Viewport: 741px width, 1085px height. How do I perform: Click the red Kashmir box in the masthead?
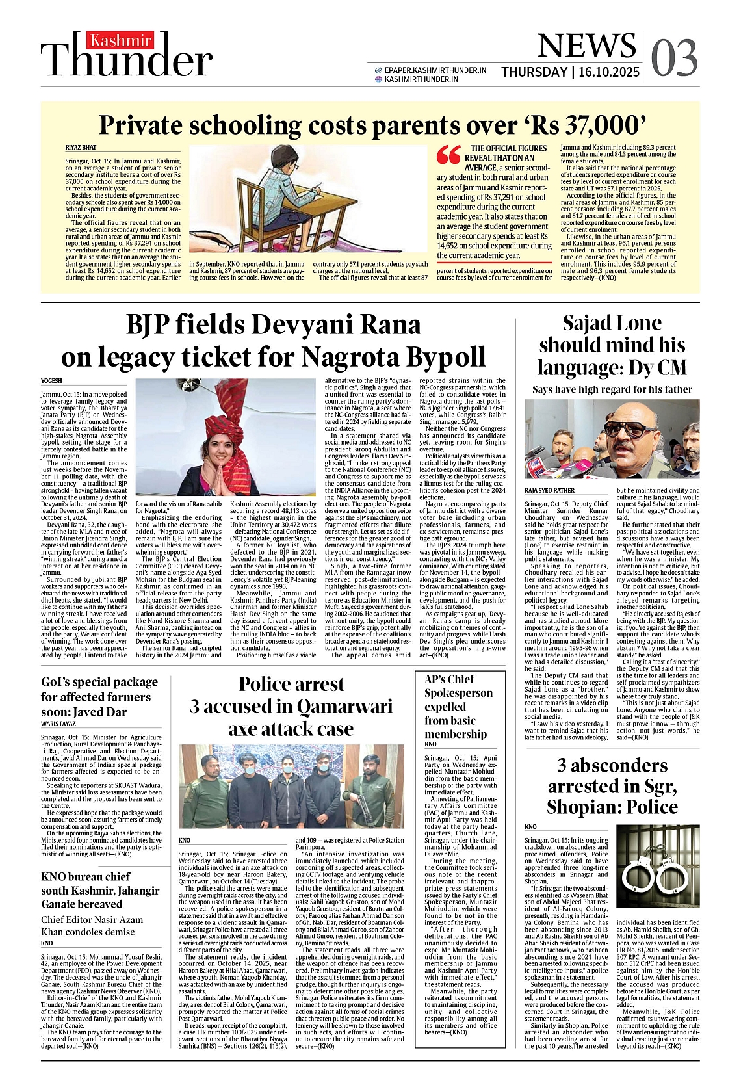tap(121, 41)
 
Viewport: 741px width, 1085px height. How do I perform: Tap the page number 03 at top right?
tap(674, 58)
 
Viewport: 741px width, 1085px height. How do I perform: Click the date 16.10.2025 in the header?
tap(609, 72)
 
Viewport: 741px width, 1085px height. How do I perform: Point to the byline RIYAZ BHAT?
tap(81, 148)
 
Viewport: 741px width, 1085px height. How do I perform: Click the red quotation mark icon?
tap(448, 154)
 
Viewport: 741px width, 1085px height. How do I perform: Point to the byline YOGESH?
tap(51, 380)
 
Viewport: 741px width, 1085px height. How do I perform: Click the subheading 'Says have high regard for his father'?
tap(612, 389)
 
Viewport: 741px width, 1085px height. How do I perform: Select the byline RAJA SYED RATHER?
tap(549, 491)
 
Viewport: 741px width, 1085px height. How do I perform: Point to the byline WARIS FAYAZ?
tap(58, 724)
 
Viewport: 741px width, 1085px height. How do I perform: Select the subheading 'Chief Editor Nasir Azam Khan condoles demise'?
tap(88, 926)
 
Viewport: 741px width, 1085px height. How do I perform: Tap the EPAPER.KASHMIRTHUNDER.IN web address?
tap(435, 70)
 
